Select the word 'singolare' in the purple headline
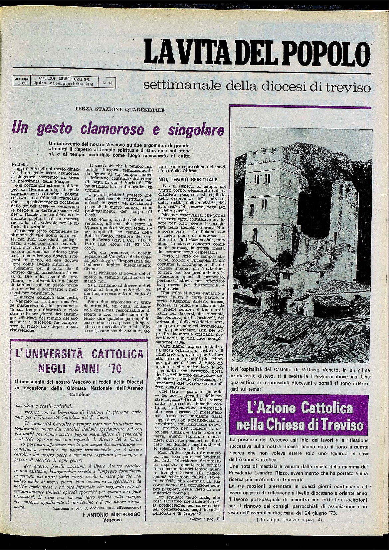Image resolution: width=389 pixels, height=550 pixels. [195, 129]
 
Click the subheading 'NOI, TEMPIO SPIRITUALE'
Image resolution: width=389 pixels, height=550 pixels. [188, 180]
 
